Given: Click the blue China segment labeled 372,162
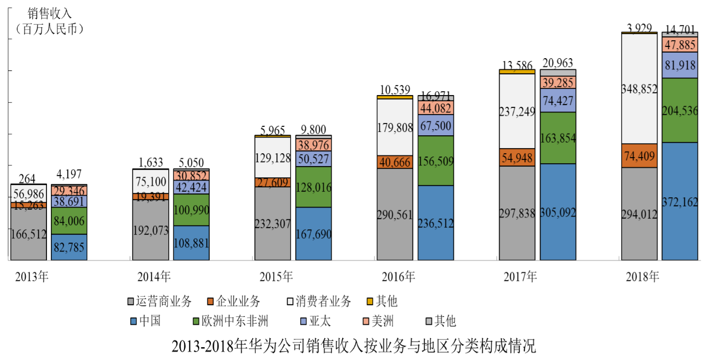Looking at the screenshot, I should (680, 201).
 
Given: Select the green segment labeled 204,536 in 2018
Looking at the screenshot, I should (680, 110).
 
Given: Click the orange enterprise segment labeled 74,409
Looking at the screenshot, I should (640, 155).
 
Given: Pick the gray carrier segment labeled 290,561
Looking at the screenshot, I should (395, 214).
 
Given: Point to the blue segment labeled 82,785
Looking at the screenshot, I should (69, 247).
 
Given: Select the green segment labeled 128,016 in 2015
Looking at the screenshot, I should (314, 187).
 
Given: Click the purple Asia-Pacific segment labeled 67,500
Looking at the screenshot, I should (436, 125).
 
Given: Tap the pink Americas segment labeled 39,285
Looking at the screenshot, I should (558, 83).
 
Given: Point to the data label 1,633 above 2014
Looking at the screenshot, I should (150, 163).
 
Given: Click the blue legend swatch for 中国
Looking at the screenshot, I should (132, 321).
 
